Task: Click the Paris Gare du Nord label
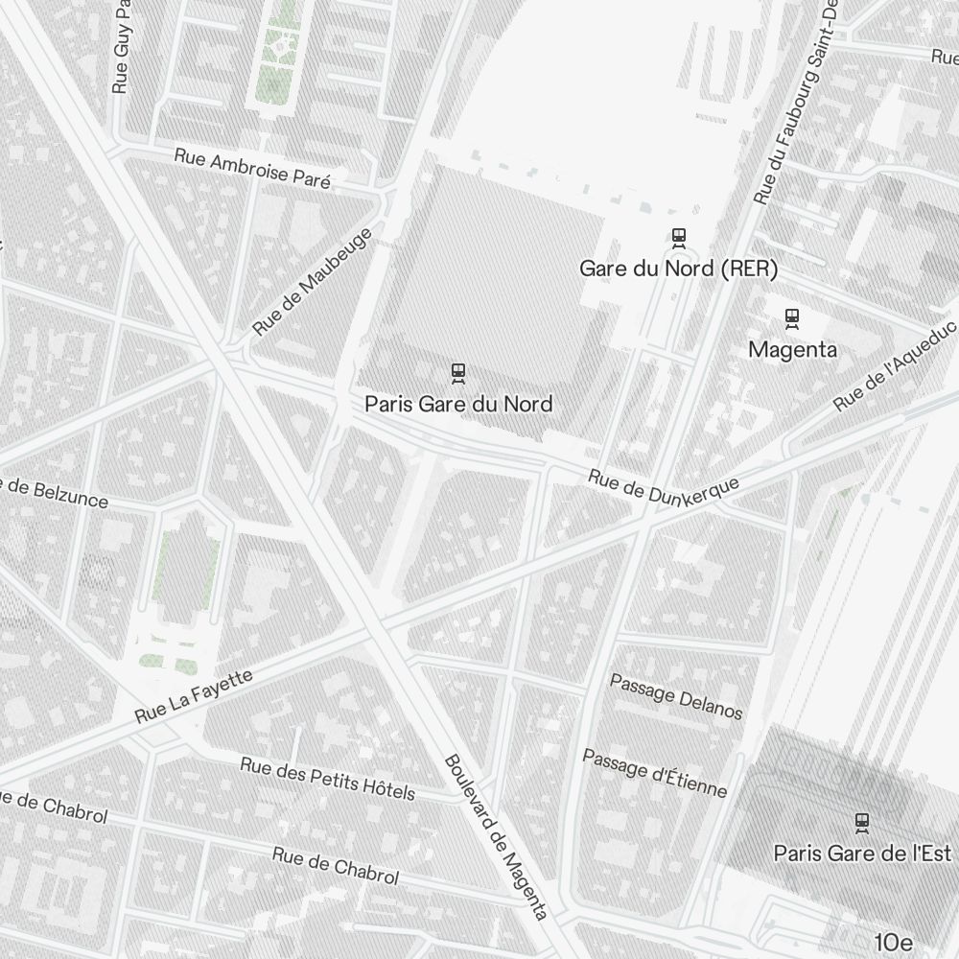tap(458, 404)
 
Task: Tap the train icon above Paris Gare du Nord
tap(458, 372)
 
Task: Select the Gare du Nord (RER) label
tap(678, 269)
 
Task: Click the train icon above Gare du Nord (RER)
tap(679, 236)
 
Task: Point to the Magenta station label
tap(792, 350)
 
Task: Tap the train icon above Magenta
tap(792, 316)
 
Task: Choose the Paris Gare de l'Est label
tap(861, 853)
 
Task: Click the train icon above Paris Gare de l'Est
tap(861, 821)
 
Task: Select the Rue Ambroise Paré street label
tap(252, 169)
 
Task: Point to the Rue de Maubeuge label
tap(312, 282)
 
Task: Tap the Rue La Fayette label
tap(194, 695)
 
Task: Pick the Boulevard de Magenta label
tap(496, 836)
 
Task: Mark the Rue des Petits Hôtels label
tap(327, 778)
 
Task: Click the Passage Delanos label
tap(676, 696)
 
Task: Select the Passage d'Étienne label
tap(655, 773)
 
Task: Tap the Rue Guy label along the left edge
tap(121, 47)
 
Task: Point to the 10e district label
tap(893, 942)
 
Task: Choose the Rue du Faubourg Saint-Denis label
tap(797, 101)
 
